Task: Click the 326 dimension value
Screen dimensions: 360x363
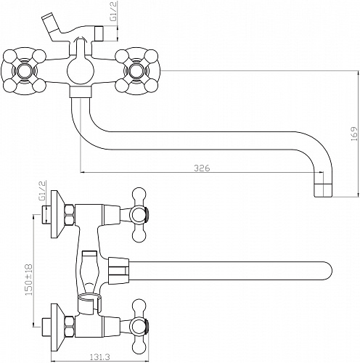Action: click(x=202, y=168)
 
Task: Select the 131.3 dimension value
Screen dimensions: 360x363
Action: click(x=100, y=356)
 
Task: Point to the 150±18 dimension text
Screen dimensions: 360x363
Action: click(x=29, y=280)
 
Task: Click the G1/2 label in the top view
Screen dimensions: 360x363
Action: click(x=115, y=12)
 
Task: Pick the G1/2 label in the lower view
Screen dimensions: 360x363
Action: click(x=42, y=190)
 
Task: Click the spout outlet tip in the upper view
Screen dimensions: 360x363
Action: click(x=323, y=190)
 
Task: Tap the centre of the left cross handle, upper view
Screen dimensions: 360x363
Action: click(x=24, y=71)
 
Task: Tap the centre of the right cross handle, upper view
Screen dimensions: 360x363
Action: click(x=136, y=71)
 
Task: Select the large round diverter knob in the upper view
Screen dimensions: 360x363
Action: click(x=80, y=72)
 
